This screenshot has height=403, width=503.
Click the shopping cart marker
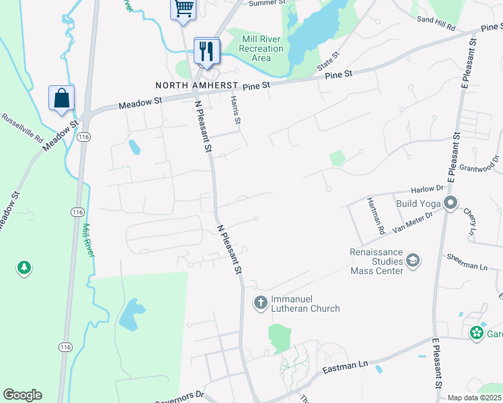183,9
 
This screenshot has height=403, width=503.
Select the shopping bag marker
61,98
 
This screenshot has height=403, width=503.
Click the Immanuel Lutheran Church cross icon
260,303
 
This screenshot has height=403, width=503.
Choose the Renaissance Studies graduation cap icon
413,261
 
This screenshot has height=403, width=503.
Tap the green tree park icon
24,268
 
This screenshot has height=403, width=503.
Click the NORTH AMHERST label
196,86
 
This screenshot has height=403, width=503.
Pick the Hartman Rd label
377,216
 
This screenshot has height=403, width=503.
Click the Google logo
22,395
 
